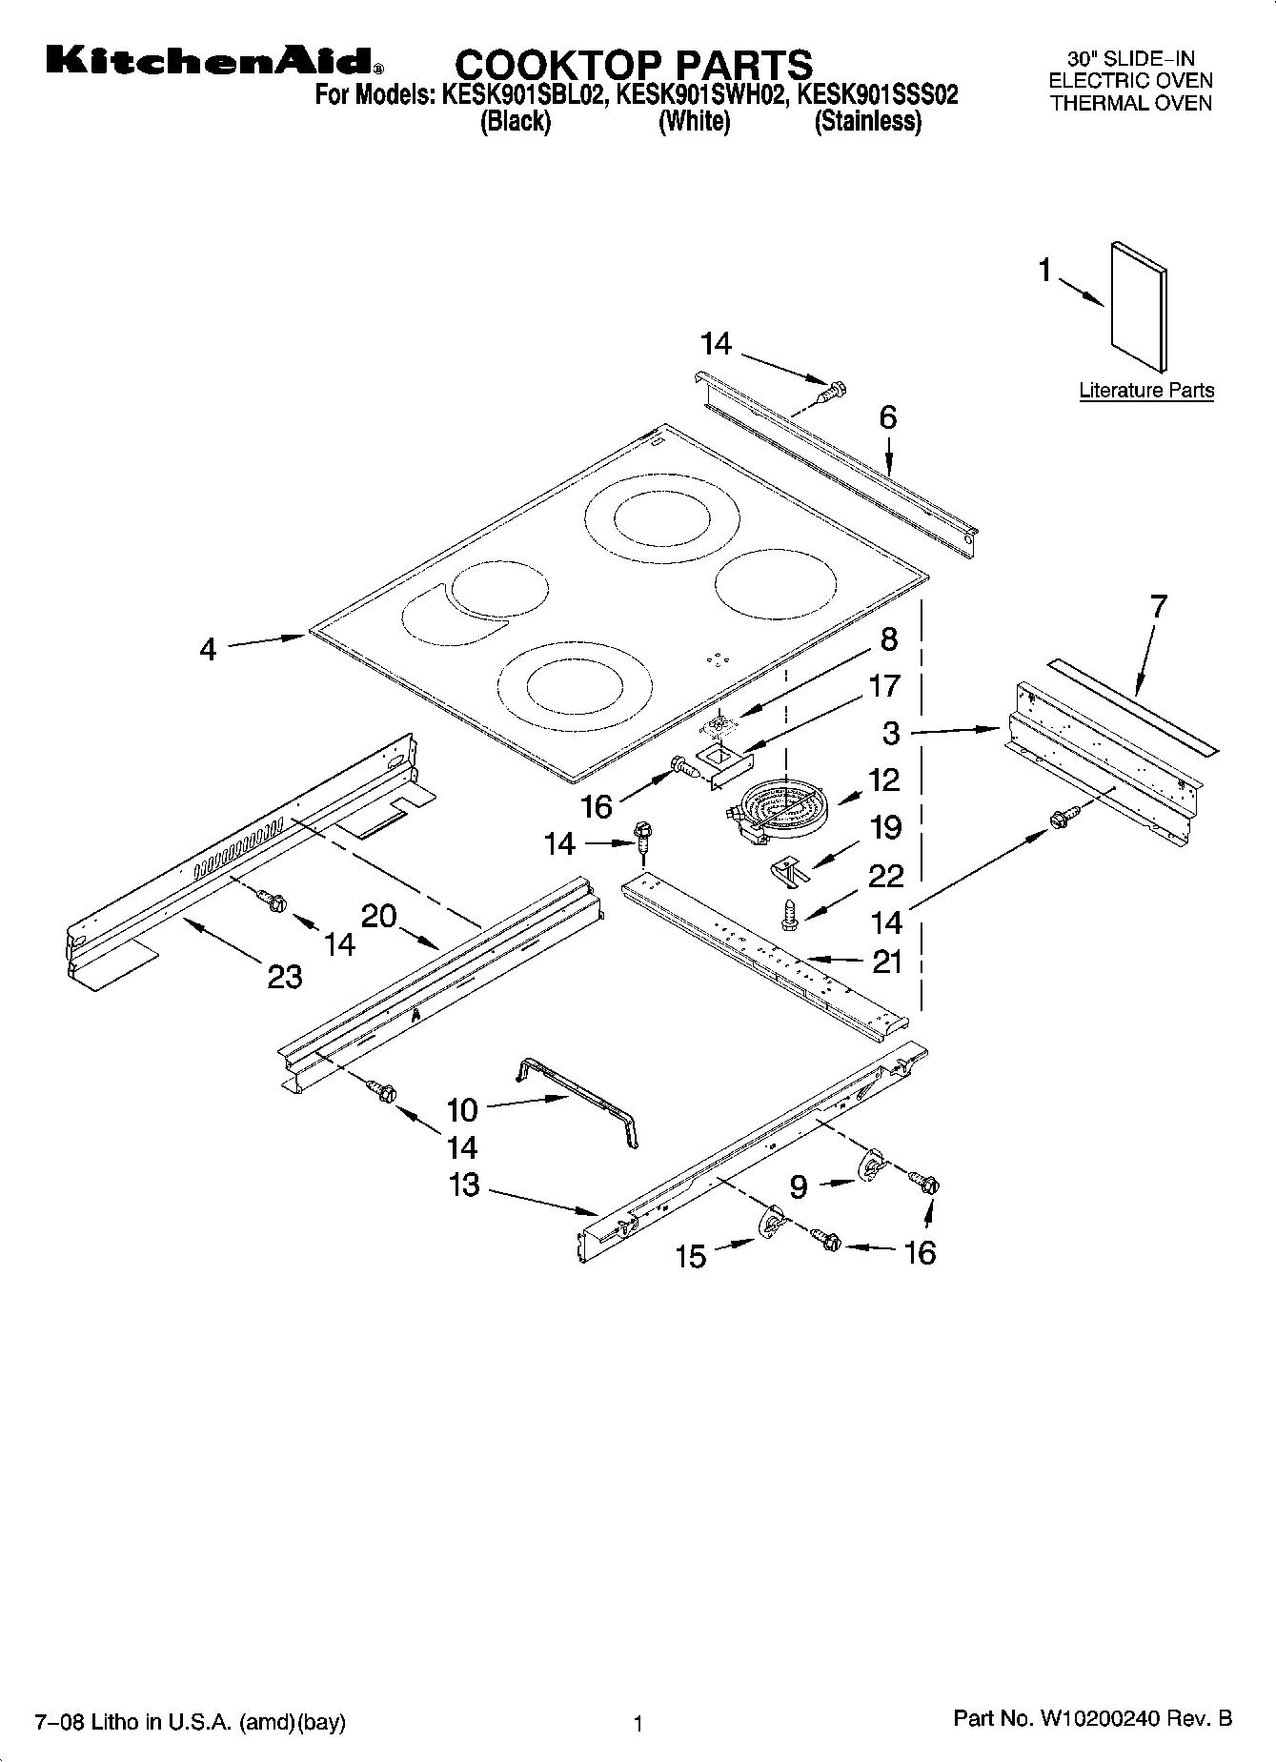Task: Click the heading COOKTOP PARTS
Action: [x=634, y=65]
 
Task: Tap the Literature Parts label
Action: [x=1145, y=390]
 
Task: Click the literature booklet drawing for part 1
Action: [x=1139, y=304]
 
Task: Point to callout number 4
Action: [x=208, y=649]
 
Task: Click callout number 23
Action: [x=285, y=976]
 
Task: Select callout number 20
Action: [x=379, y=916]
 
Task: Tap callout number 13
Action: [x=464, y=1186]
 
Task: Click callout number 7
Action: [x=1158, y=607]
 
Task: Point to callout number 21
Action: [x=887, y=962]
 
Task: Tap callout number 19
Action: [x=886, y=826]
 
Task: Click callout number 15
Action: [x=691, y=1256]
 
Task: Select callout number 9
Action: [x=799, y=1185]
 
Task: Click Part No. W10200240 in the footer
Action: [x=1092, y=1719]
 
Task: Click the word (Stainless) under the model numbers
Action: [x=867, y=122]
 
